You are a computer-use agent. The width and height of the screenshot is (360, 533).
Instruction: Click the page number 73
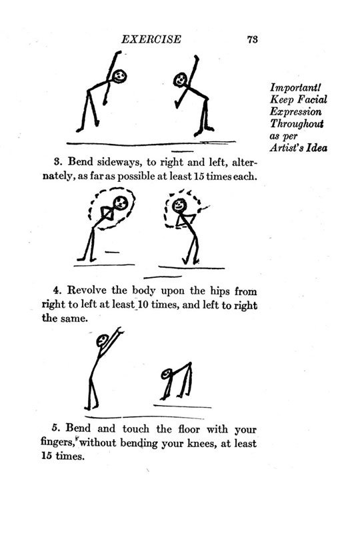pyautogui.click(x=253, y=39)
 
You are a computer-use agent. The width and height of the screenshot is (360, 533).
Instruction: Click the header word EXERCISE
pyautogui.click(x=151, y=39)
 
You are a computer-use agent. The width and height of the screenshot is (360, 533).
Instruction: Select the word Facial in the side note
pyautogui.click(x=312, y=99)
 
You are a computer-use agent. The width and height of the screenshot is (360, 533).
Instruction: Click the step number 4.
pyautogui.click(x=57, y=290)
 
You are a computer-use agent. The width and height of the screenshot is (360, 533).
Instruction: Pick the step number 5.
pyautogui.click(x=56, y=428)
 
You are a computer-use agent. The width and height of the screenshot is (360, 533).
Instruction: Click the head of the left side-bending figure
pyautogui.click(x=119, y=76)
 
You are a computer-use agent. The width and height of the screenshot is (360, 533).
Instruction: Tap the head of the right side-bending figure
pyautogui.click(x=180, y=80)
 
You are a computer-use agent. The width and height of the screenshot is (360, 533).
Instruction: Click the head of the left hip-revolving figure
pyautogui.click(x=121, y=203)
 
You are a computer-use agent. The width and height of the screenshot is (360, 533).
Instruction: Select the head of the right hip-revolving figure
pyautogui.click(x=179, y=206)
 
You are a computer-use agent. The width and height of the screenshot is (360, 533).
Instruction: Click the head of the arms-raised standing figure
pyautogui.click(x=103, y=340)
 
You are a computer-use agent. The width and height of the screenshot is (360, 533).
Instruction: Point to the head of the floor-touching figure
pyautogui.click(x=167, y=374)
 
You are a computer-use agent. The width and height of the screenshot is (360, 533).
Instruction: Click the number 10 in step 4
pyautogui.click(x=143, y=304)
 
